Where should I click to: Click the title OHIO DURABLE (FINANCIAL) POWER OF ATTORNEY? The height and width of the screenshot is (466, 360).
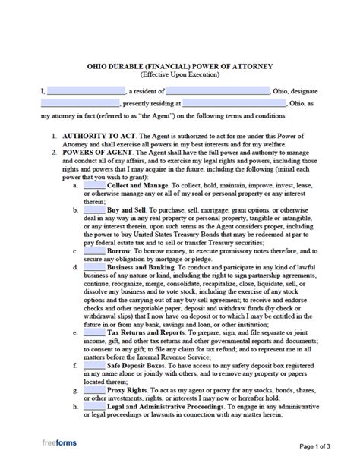tap(180, 67)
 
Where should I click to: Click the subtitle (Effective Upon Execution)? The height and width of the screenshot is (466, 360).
tap(180, 76)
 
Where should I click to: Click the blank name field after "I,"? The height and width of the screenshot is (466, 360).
tap(86, 90)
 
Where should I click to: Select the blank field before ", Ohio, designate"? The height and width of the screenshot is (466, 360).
tap(226, 90)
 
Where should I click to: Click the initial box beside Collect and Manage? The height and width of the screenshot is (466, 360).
tap(94, 186)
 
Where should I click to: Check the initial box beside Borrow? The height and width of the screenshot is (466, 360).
tap(94, 250)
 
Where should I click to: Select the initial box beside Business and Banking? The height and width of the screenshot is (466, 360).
tap(94, 269)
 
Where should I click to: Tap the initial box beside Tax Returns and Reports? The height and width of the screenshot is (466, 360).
tap(94, 332)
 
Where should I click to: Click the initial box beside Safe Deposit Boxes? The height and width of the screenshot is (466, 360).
tap(94, 364)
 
